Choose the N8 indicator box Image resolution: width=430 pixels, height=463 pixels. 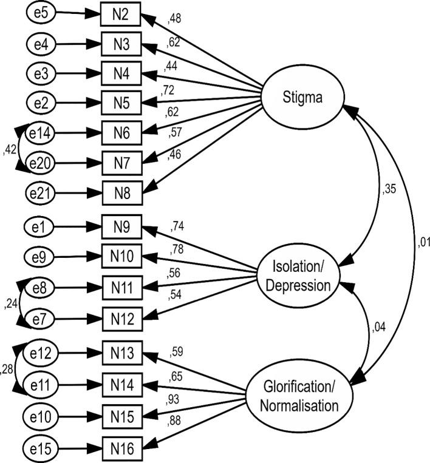tap(121, 191)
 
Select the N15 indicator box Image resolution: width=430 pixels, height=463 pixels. tap(121, 417)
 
